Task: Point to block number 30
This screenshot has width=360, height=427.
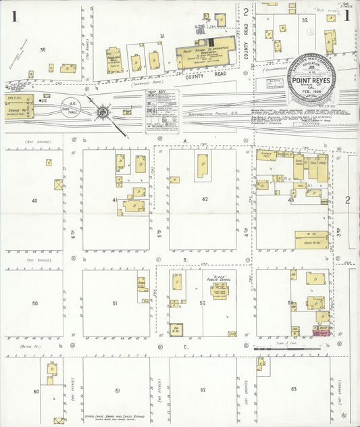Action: (x=43, y=49)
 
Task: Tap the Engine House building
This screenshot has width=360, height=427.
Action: (x=20, y=106)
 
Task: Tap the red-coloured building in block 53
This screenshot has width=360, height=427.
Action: (x=321, y=332)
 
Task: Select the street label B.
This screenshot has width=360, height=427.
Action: (x=184, y=259)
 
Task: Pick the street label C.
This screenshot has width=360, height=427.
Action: (x=184, y=347)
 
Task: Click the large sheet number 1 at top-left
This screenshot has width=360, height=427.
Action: (x=14, y=17)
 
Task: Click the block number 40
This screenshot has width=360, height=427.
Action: (x=34, y=200)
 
